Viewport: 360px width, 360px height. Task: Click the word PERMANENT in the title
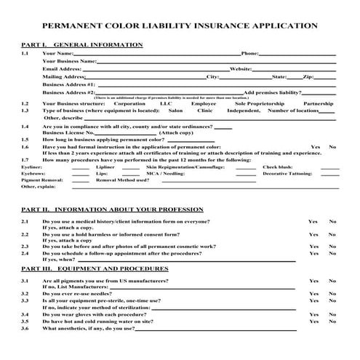pyautogui.click(x=70, y=25)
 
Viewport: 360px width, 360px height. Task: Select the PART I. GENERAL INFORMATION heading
pyautogui.click(x=82, y=45)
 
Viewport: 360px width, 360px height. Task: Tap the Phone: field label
pyautogui.click(x=249, y=53)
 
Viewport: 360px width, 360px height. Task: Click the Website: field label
pyautogui.click(x=240, y=68)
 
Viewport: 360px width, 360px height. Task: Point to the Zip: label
pyautogui.click(x=308, y=76)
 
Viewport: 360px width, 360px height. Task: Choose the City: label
pyautogui.click(x=213, y=76)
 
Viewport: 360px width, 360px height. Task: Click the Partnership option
pyautogui.click(x=319, y=103)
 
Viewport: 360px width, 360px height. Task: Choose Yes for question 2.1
pyautogui.click(x=313, y=221)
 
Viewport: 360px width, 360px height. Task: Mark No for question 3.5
pyautogui.click(x=332, y=321)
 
